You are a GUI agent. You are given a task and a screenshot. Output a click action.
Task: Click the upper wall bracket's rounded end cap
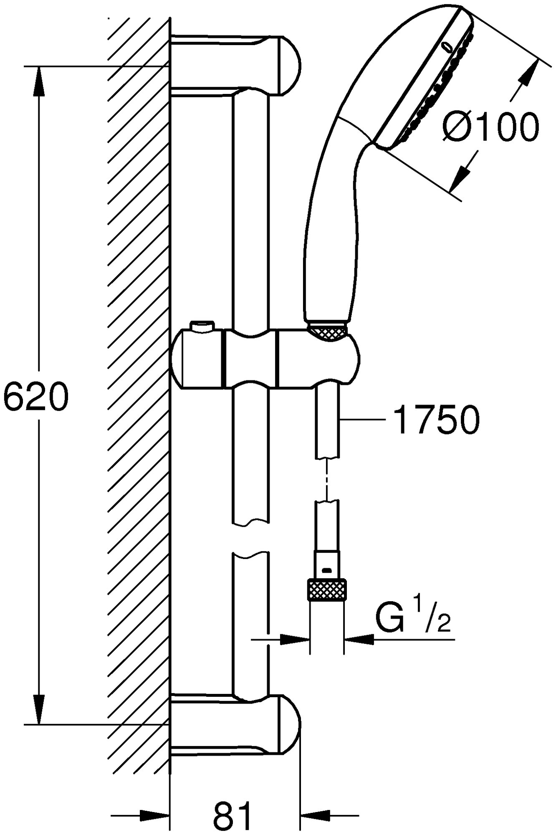pyautogui.click(x=288, y=67)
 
